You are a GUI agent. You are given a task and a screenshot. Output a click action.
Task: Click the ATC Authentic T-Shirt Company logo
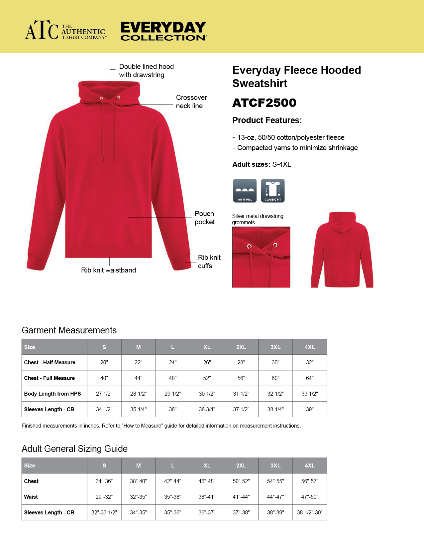click(66, 31)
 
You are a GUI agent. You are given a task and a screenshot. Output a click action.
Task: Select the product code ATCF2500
click(264, 103)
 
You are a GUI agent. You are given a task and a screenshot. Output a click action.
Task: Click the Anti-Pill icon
click(245, 191)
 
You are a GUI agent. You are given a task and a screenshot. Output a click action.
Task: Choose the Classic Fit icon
click(273, 191)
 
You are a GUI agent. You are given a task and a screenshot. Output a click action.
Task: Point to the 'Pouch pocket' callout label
click(205, 218)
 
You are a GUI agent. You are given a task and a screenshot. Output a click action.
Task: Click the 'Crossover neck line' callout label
click(191, 101)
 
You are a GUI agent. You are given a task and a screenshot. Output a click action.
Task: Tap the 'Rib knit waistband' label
click(108, 270)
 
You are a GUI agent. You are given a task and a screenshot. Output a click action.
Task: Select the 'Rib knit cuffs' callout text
click(209, 262)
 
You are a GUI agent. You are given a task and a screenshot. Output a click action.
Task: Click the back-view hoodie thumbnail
click(342, 250)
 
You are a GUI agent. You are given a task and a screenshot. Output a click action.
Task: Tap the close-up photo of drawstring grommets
click(261, 257)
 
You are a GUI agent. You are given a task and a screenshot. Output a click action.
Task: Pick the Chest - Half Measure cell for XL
click(207, 362)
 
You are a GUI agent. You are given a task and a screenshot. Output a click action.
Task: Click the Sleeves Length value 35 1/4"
click(138, 409)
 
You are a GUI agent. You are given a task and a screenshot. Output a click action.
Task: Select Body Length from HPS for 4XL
click(309, 394)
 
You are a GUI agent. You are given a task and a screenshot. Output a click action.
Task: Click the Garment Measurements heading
click(69, 330)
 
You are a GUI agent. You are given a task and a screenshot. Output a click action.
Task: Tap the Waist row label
click(31, 497)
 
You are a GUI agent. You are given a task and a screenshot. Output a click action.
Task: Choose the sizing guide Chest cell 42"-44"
click(172, 481)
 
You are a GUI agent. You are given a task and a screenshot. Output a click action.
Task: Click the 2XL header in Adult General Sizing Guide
click(241, 465)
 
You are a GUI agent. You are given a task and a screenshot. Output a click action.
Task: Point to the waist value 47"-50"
click(309, 497)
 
